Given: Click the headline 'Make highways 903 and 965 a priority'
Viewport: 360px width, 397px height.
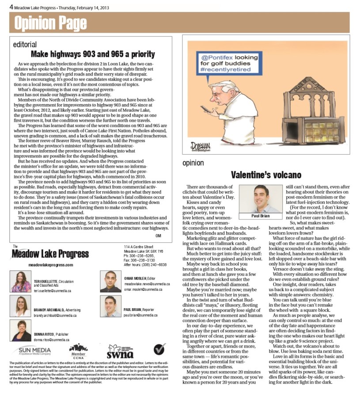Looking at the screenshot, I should [93, 54].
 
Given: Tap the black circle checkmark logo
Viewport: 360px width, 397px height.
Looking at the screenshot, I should [160, 349].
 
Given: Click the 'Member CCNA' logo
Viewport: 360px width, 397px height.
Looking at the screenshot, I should [78, 351].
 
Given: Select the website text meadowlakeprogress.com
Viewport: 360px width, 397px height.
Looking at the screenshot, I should [51, 265].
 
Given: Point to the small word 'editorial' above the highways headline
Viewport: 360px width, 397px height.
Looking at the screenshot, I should [25, 45].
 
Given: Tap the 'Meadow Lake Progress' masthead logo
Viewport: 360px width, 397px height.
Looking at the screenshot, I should [45, 254].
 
